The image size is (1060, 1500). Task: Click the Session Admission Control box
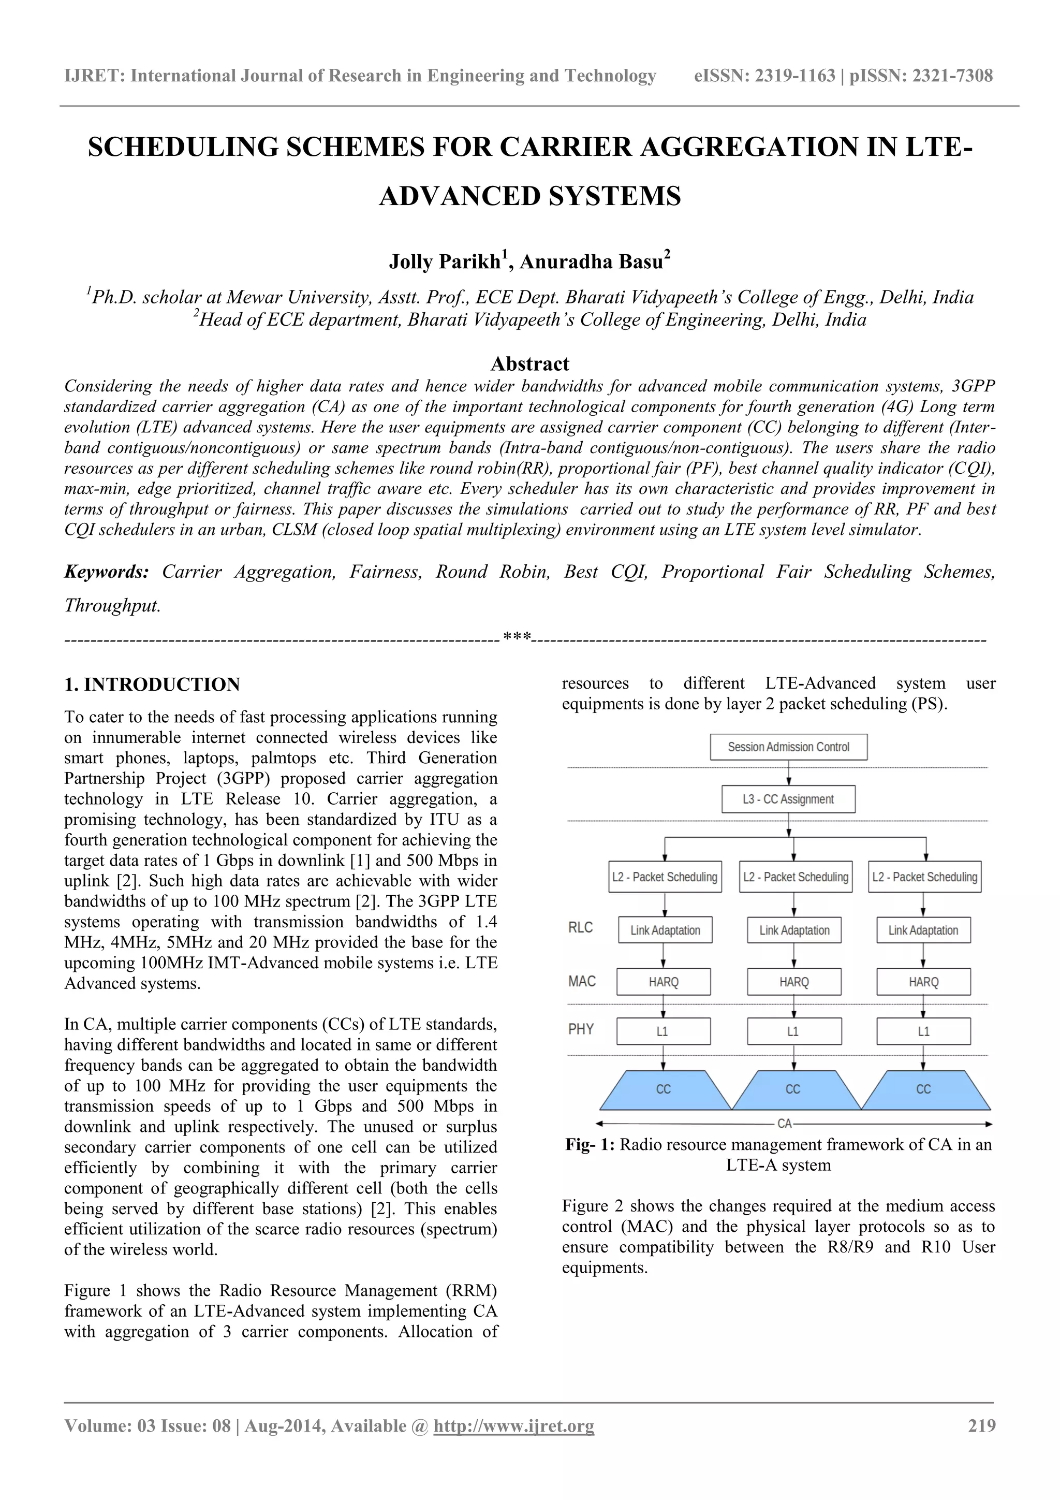click(788, 747)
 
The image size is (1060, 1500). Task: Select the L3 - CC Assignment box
click(788, 799)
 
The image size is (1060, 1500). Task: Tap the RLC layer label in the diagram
click(581, 928)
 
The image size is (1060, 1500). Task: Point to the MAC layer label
click(581, 981)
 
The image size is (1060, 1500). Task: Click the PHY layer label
click(581, 1030)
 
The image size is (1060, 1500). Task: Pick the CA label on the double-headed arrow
click(784, 1124)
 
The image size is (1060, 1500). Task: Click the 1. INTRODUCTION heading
click(152, 685)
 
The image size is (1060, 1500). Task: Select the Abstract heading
click(529, 364)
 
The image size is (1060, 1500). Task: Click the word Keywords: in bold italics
click(107, 572)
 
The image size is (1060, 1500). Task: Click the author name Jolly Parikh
click(445, 262)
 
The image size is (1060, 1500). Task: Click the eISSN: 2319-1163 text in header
click(764, 76)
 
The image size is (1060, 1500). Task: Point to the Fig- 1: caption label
click(590, 1145)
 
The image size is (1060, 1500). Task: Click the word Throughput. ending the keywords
click(112, 606)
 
